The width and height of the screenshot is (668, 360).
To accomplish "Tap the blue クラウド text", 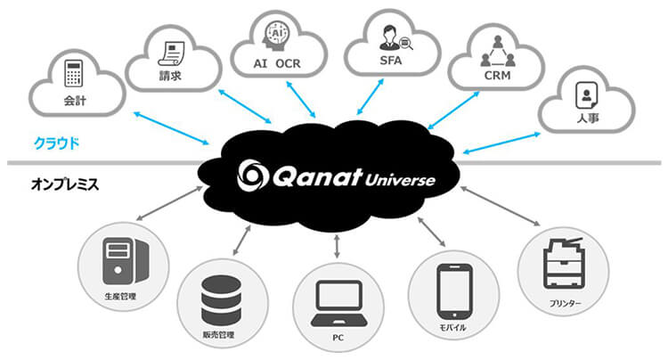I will point(56,142).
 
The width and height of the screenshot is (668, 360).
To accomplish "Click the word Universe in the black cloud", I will point(400,181).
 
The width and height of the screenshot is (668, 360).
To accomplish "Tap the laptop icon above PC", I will point(336,305).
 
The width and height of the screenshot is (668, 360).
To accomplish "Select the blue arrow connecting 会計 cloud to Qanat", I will point(170,127).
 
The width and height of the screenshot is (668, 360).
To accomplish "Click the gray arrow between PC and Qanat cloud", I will point(336,245).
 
